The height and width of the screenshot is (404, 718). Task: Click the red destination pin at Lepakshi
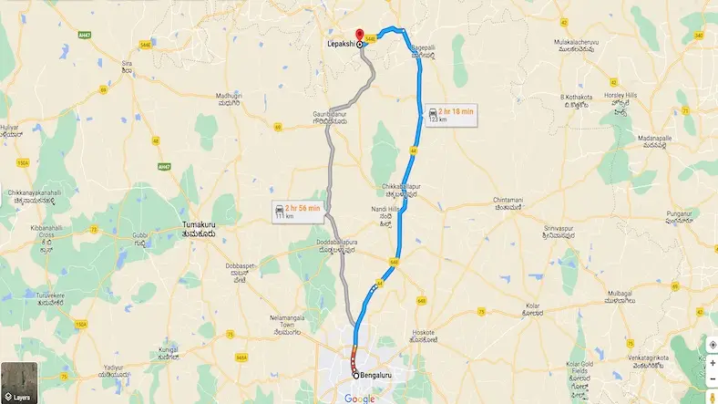click(x=359, y=34)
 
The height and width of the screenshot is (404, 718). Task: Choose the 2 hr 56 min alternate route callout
click(x=297, y=212)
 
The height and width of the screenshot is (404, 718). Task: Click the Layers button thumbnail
click(x=19, y=384)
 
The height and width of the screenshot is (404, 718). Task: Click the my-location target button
click(x=712, y=345)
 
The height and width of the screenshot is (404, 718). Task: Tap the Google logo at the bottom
click(x=359, y=398)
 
